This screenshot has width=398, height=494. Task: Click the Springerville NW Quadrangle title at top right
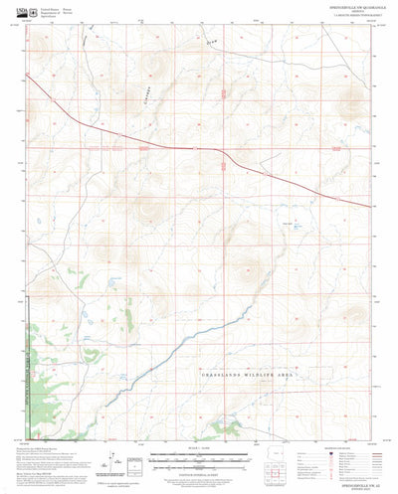point(342,8)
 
